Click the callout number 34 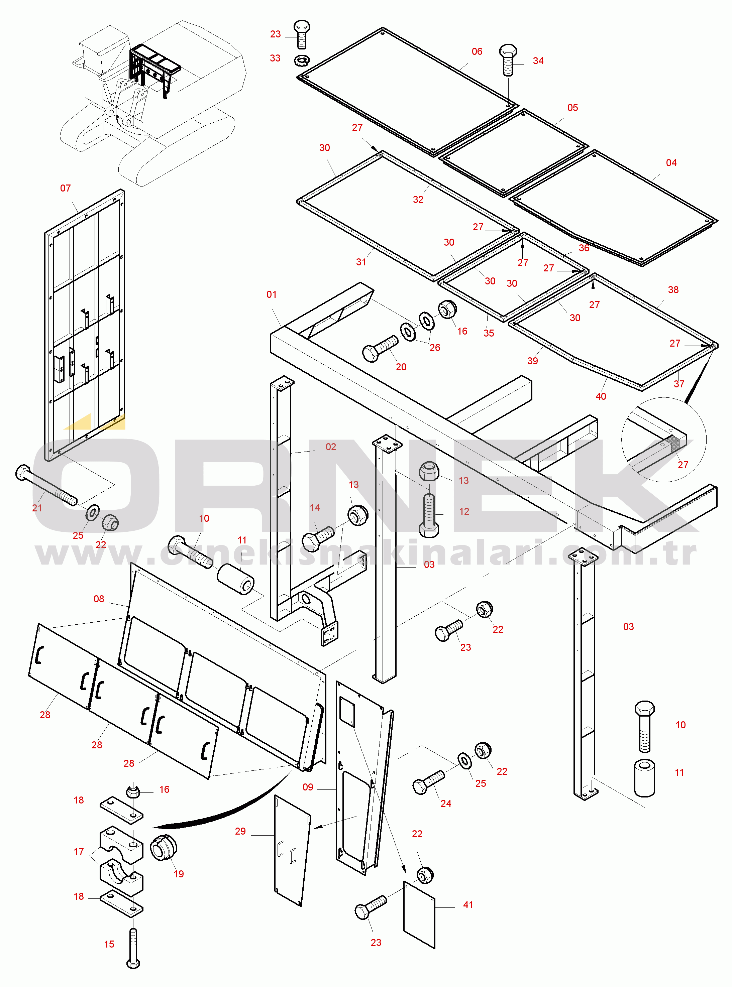(x=538, y=60)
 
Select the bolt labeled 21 (x=46, y=485)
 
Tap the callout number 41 (x=468, y=905)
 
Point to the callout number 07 (x=65, y=188)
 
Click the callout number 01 (x=271, y=294)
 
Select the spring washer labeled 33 (x=302, y=59)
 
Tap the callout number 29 (x=240, y=831)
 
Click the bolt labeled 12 (x=428, y=515)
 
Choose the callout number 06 (x=477, y=51)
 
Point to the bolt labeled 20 (x=380, y=348)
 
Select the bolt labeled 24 (x=428, y=782)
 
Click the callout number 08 (x=99, y=599)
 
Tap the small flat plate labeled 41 (x=419, y=914)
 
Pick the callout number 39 (x=533, y=361)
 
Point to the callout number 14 (x=315, y=507)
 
